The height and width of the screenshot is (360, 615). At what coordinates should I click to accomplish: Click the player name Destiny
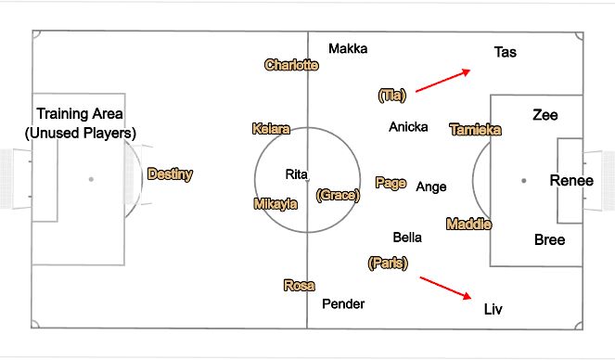click(170, 174)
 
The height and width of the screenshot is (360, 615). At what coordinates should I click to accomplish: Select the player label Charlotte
click(291, 65)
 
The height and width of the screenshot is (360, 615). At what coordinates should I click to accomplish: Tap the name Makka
click(348, 48)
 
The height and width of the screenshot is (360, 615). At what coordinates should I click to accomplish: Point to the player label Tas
click(506, 52)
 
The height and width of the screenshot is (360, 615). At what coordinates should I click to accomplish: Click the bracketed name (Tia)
click(393, 95)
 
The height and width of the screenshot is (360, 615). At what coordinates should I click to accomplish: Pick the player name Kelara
click(271, 129)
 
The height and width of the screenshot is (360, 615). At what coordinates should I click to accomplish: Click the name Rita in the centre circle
click(296, 174)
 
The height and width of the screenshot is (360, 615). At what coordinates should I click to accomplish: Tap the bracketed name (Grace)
click(336, 195)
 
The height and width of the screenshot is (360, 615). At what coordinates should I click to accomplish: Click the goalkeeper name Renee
click(571, 180)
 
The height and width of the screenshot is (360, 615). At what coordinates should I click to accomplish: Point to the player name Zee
click(545, 115)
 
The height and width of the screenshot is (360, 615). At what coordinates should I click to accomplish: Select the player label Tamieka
click(475, 130)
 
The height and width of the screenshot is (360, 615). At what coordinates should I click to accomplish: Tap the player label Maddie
click(468, 224)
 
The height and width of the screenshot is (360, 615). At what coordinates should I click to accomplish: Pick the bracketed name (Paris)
click(388, 263)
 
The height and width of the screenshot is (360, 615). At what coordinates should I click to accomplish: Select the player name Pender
click(343, 303)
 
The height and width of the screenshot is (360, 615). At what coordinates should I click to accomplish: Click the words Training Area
click(80, 113)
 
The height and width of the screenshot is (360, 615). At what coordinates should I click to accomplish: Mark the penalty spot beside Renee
click(524, 180)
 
